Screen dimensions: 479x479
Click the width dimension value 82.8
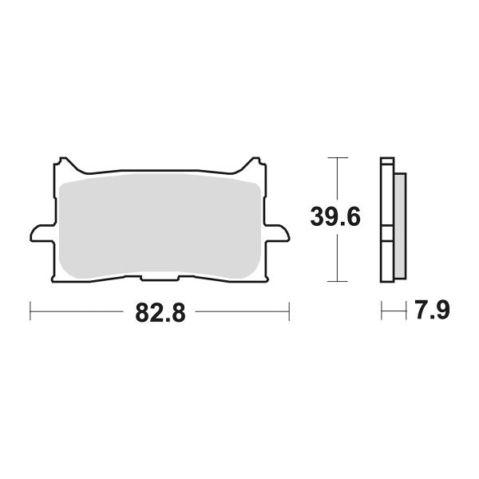coord(160,312)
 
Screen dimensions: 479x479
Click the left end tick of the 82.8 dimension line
coord(30,311)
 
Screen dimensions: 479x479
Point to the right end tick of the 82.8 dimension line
coord(289,311)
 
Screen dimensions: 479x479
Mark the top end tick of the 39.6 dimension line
coord(338,158)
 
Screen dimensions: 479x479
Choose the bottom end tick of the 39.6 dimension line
coord(338,281)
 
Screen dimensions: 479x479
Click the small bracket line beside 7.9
coord(390,311)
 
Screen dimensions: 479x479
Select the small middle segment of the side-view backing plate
coord(386,232)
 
